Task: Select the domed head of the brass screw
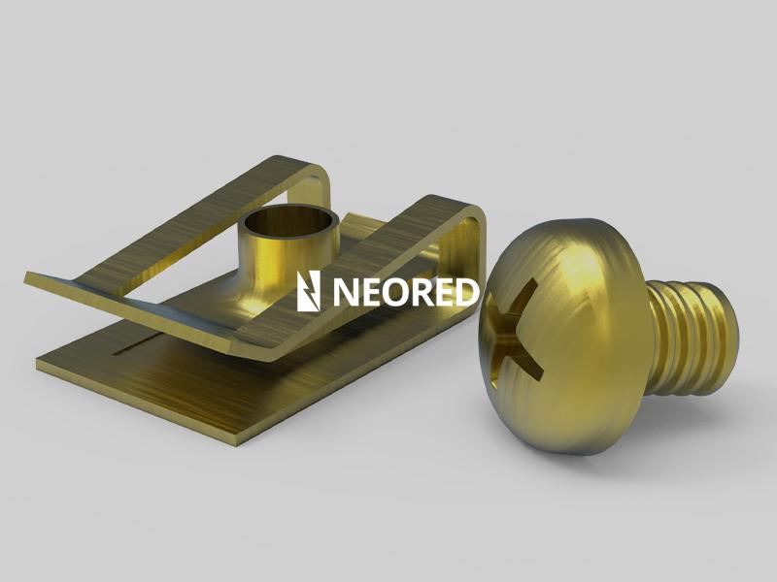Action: pos(565,337)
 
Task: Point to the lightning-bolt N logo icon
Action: pos(308,291)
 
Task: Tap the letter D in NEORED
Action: pos(467,292)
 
